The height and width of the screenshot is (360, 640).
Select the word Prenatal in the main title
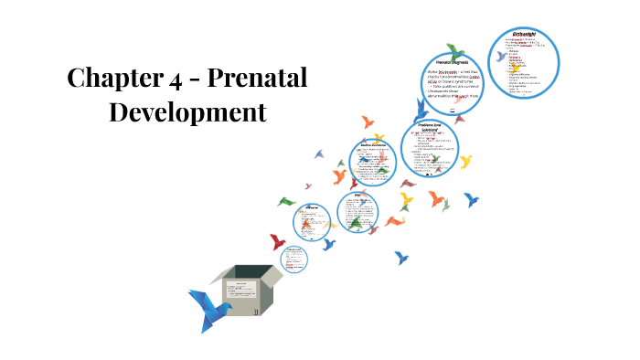(x=259, y=79)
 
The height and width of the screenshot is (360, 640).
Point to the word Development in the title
(x=187, y=112)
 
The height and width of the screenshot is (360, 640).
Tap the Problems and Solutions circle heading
(x=430, y=129)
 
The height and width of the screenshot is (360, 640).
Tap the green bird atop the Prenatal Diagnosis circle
(x=454, y=50)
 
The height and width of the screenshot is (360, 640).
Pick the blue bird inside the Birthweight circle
(x=500, y=57)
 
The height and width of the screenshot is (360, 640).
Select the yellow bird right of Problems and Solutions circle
(x=465, y=162)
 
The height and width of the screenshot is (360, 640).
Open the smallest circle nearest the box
(x=293, y=259)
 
